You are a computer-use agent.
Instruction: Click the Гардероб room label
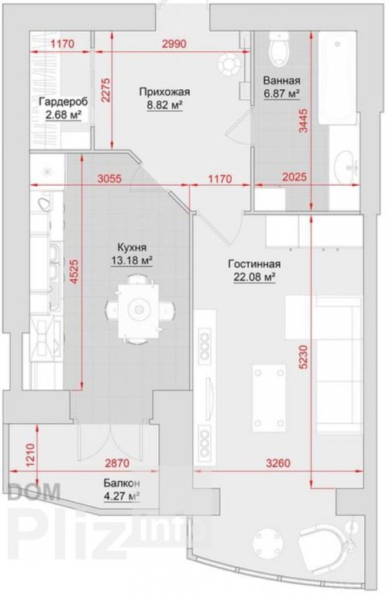click(64, 101)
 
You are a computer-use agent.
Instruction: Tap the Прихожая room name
click(164, 92)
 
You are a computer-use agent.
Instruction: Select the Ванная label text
click(281, 81)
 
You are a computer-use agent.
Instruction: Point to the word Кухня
click(132, 248)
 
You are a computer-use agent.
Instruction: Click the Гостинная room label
click(254, 264)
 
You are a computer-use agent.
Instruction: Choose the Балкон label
click(122, 483)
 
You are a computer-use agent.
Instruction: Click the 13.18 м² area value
click(132, 260)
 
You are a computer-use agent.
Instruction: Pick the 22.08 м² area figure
click(254, 277)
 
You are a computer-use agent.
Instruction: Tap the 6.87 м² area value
click(281, 93)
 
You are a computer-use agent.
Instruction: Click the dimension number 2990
click(174, 43)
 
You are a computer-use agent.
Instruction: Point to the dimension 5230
click(304, 357)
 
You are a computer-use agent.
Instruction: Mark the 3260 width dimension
click(278, 463)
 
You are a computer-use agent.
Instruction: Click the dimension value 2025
click(294, 177)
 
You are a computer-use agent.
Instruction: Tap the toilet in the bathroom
click(279, 49)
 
